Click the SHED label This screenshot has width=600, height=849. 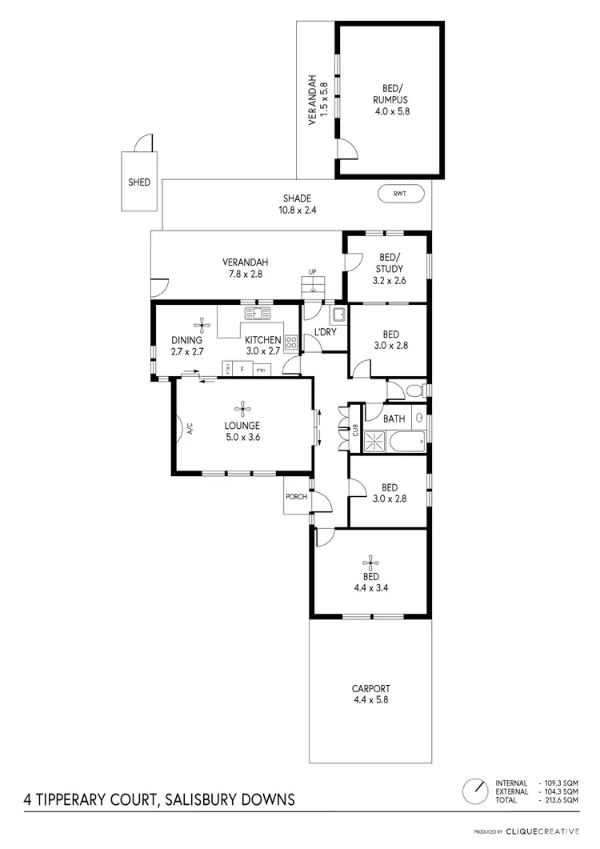139,182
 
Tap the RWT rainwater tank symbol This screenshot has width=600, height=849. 399,194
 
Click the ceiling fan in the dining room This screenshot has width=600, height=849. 200,323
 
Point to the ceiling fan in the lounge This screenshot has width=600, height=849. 238,407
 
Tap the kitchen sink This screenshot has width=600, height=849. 259,312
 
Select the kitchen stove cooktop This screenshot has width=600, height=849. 290,342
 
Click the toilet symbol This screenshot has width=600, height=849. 413,390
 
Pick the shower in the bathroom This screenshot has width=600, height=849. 374,442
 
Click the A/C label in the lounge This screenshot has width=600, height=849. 190,430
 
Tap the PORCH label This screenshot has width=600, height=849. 296,497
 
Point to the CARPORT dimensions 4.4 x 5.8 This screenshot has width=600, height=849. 370,699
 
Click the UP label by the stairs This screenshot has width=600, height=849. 313,272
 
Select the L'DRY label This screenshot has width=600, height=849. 324,332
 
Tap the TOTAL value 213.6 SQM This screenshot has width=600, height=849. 561,800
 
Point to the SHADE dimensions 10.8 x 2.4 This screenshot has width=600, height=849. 296,212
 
